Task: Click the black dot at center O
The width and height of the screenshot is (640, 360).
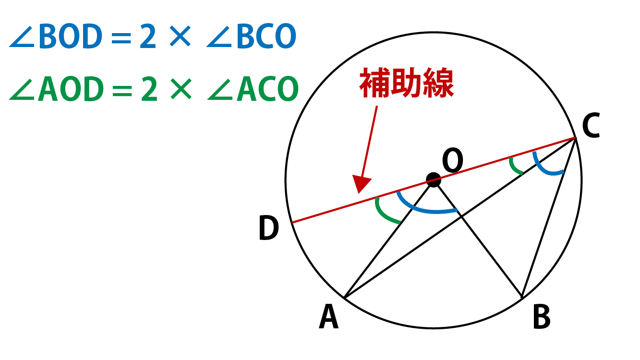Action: point(433,180)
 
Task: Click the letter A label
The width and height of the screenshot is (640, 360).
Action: point(329,318)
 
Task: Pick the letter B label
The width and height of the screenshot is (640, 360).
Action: point(542,318)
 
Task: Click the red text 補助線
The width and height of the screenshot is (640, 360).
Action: point(407,85)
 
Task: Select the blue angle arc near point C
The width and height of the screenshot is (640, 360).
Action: point(547,168)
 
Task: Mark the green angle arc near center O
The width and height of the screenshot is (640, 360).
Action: point(385,213)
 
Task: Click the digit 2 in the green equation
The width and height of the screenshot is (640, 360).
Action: point(149,90)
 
